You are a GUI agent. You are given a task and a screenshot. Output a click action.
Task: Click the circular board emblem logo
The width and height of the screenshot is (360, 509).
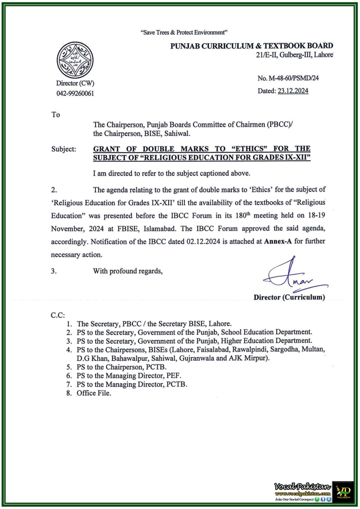pyautogui.click(x=75, y=60)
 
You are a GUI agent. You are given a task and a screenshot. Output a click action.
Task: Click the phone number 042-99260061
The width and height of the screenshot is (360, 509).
pyautogui.click(x=75, y=94)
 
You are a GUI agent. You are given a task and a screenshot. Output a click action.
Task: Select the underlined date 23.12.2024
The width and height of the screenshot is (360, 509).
pyautogui.click(x=293, y=91)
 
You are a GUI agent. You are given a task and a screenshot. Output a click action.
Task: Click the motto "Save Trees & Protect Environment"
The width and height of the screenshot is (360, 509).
pyautogui.click(x=184, y=32)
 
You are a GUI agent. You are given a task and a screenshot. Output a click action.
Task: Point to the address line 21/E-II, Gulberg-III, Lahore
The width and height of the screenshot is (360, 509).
pyautogui.click(x=294, y=55)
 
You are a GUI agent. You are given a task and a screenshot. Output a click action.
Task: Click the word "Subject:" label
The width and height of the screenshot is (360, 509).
pyautogui.click(x=64, y=149)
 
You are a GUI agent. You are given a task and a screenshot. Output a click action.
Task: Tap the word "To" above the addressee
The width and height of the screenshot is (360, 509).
pyautogui.click(x=56, y=115)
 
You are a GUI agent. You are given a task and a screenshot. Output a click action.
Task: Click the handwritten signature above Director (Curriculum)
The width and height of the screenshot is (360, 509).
pyautogui.click(x=291, y=275)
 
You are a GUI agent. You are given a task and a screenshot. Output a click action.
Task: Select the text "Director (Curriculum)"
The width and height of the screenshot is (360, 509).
pyautogui.click(x=289, y=297)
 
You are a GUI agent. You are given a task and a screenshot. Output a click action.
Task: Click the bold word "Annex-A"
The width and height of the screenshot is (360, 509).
pyautogui.click(x=278, y=241)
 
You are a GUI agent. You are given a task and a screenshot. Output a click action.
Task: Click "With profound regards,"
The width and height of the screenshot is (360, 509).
pyautogui.click(x=128, y=271)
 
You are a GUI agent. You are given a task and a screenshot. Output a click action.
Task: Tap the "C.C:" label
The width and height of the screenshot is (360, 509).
pyautogui.click(x=58, y=315)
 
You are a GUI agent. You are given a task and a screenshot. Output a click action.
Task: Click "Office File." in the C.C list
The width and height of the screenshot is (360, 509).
pyautogui.click(x=94, y=393)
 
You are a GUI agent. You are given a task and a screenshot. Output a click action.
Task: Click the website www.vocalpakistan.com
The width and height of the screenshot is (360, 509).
pyautogui.click(x=303, y=493)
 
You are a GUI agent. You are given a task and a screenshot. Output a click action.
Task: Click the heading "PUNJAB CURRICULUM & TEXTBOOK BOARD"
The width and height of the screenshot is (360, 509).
pyautogui.click(x=251, y=46)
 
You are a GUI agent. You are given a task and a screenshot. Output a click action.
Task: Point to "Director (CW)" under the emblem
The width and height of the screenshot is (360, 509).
pyautogui.click(x=75, y=83)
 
